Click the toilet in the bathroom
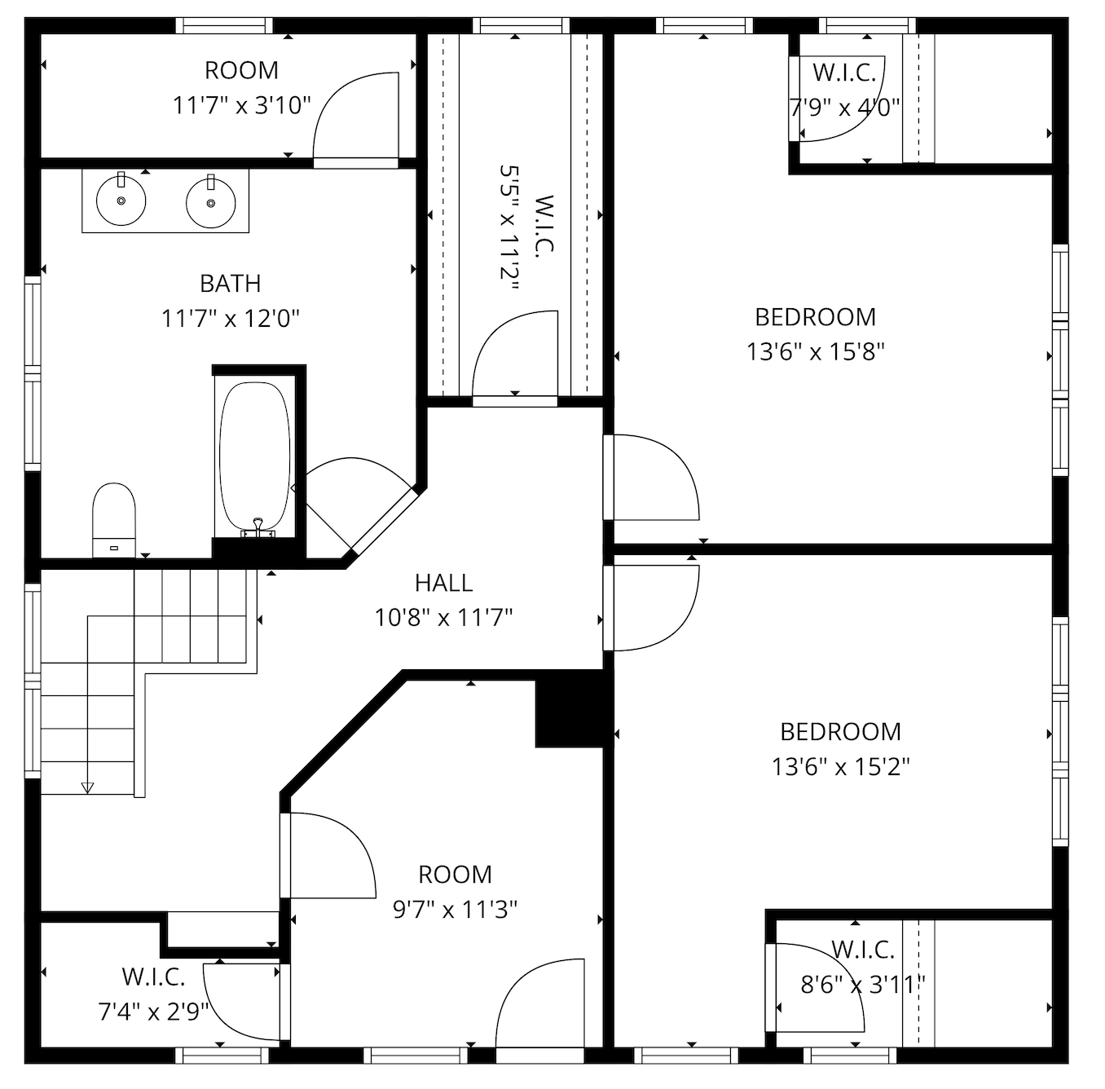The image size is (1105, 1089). (x=114, y=520)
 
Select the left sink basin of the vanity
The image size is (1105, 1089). (x=121, y=201)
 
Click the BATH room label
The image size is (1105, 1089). (x=231, y=283)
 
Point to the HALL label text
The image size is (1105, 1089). (x=444, y=582)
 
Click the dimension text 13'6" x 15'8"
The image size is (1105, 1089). (x=816, y=351)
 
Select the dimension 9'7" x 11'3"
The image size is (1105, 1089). (x=456, y=909)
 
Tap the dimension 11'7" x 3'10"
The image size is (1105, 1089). (x=242, y=106)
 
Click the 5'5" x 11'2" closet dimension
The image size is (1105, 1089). (x=509, y=227)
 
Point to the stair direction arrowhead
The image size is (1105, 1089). (x=87, y=787)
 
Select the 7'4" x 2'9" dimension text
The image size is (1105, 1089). (x=153, y=1012)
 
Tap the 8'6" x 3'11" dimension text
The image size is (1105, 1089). (x=863, y=985)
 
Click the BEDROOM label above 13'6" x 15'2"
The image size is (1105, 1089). (x=841, y=731)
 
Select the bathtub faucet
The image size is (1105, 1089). (x=258, y=527)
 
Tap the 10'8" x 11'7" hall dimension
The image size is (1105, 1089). (x=444, y=618)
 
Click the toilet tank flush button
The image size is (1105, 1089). (x=114, y=549)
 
